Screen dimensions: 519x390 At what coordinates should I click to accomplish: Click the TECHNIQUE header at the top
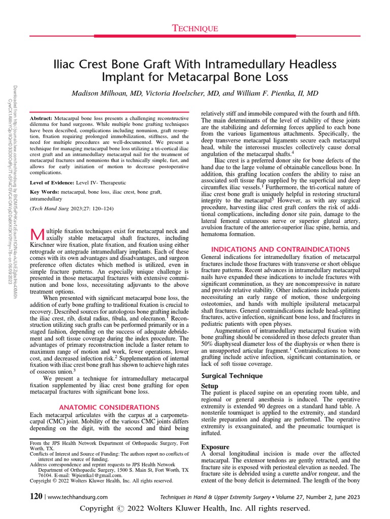194,29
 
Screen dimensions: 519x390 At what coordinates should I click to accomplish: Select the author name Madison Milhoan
104,94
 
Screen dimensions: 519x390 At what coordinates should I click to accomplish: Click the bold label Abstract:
41,117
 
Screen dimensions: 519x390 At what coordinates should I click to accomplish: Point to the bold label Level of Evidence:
53,182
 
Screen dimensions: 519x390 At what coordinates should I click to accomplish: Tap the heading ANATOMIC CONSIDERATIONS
109,407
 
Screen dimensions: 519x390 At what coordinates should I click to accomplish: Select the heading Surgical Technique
232,376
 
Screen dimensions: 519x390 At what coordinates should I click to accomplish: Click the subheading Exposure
215,447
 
